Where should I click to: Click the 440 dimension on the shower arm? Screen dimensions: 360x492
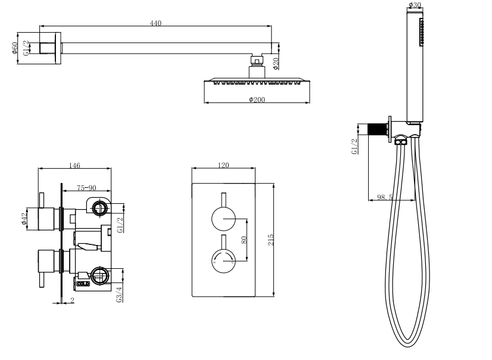pyautogui.click(x=155, y=23)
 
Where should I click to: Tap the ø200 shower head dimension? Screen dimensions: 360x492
pyautogui.click(x=257, y=99)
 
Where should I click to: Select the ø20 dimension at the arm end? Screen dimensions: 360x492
pyautogui.click(x=276, y=63)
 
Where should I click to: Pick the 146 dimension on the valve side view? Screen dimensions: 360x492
pyautogui.click(x=74, y=166)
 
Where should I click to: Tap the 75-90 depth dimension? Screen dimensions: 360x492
pyautogui.click(x=87, y=188)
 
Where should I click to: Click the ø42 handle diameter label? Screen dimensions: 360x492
pyautogui.click(x=24, y=219)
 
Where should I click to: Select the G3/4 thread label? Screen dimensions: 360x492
pyautogui.click(x=120, y=294)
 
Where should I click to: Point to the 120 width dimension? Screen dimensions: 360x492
pyautogui.click(x=224, y=166)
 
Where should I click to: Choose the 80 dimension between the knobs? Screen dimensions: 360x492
pyautogui.click(x=243, y=240)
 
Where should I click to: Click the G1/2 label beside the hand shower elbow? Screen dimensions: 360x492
pyautogui.click(x=355, y=147)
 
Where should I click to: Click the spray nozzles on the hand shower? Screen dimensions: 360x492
pyautogui.click(x=423, y=33)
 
